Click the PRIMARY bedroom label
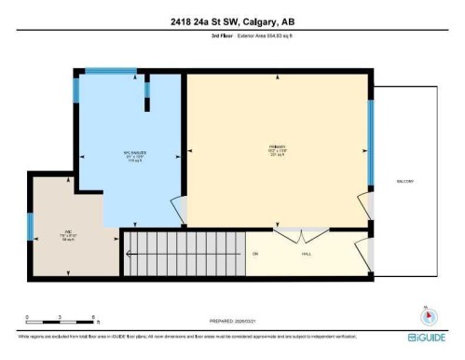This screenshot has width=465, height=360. point(276,153)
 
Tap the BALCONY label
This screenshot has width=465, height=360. point(404,181)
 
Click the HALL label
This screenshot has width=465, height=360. point(305,253)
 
